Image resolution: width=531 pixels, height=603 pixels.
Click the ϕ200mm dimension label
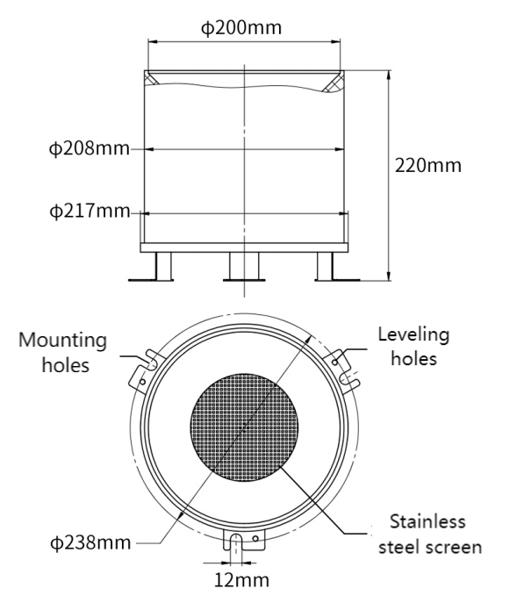241,28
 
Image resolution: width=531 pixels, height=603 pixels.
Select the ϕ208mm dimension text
90,148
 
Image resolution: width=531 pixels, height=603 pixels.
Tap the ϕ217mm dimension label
90,212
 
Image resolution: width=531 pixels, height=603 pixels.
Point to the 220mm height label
428,165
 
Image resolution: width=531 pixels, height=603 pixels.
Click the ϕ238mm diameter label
90,542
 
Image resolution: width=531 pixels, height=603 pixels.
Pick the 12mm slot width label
241,579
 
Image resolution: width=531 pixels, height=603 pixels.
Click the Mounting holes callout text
62,352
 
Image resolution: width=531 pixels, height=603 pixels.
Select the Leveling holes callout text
413,346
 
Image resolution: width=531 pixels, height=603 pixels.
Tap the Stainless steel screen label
430,535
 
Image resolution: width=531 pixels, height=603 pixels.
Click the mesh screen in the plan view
244,427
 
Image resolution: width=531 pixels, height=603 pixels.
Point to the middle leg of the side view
244,267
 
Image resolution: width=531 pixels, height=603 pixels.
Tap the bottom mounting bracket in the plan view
244,539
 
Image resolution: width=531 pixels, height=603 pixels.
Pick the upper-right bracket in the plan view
341,370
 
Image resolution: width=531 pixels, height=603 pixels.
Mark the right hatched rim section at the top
334,82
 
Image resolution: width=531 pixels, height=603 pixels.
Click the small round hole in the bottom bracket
255,538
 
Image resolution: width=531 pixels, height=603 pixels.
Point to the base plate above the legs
244,248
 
